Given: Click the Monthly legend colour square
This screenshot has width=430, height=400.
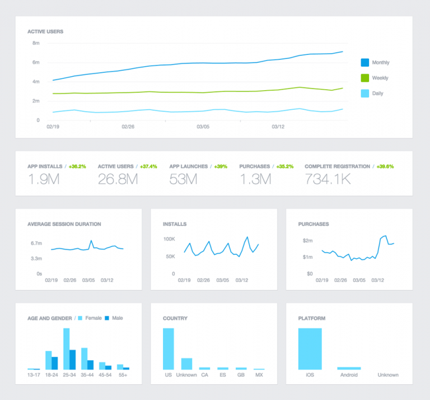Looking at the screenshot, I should pyautogui.click(x=365, y=63).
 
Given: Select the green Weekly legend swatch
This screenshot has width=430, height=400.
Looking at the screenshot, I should pyautogui.click(x=365, y=78).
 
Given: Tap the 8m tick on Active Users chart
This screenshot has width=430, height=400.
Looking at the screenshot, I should pyautogui.click(x=36, y=43).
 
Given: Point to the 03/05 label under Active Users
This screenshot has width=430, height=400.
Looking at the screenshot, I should pyautogui.click(x=203, y=127).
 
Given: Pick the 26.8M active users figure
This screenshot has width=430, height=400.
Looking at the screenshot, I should pyautogui.click(x=118, y=179).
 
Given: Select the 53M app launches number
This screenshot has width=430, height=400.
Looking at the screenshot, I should pyautogui.click(x=183, y=179).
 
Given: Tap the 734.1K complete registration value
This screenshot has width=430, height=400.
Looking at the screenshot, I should pyautogui.click(x=328, y=179).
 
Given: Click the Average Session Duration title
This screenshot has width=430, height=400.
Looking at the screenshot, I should pyautogui.click(x=64, y=224).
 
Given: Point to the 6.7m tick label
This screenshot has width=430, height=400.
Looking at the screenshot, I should pyautogui.click(x=36, y=243).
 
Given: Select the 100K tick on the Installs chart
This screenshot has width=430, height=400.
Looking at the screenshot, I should pyautogui.click(x=169, y=239).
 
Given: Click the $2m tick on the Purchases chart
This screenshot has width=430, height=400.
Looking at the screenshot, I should pyautogui.click(x=307, y=240).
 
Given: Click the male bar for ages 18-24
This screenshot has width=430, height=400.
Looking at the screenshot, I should pyautogui.click(x=55, y=363).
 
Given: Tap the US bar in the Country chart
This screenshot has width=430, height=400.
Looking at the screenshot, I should pyautogui.click(x=169, y=348).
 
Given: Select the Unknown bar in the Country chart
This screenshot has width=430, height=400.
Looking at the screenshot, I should pyautogui.click(x=186, y=364).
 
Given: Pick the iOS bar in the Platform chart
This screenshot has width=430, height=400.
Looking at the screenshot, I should pyautogui.click(x=310, y=348).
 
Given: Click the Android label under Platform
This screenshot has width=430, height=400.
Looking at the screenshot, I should pyautogui.click(x=349, y=375).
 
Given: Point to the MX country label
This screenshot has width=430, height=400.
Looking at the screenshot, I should pyautogui.click(x=259, y=375).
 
